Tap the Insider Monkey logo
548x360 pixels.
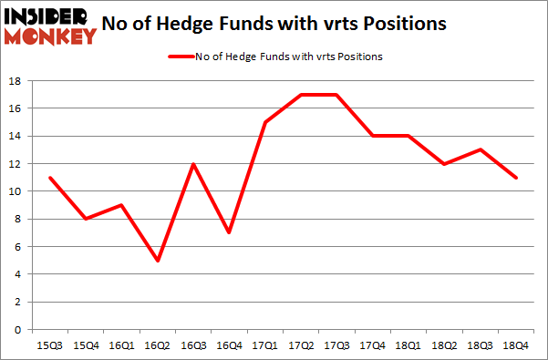[x=50, y=26]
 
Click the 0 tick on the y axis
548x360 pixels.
[x=17, y=329]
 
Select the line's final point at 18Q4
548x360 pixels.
[x=517, y=178]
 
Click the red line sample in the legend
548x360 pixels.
[x=179, y=57]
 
